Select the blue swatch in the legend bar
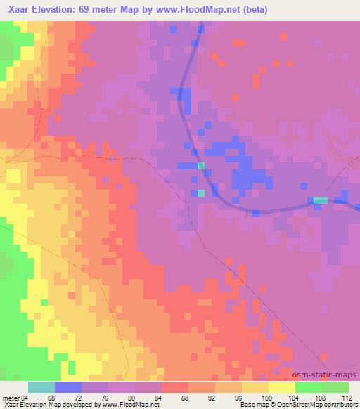point(67,387)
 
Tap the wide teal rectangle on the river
point(320,200)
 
